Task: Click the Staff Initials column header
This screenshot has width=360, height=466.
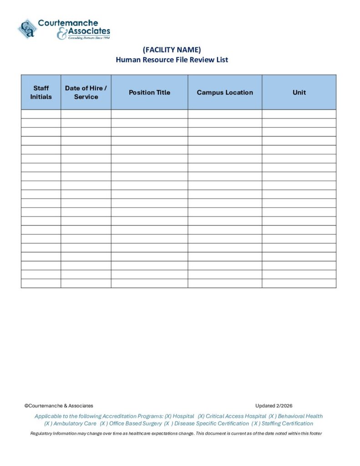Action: pyautogui.click(x=41, y=92)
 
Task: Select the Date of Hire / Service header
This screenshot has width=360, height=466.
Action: pyautogui.click(x=86, y=92)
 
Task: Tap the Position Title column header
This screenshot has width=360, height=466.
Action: pyautogui.click(x=149, y=92)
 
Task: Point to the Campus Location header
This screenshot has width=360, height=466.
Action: pyautogui.click(x=225, y=92)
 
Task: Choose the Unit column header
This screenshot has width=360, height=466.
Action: pyautogui.click(x=299, y=92)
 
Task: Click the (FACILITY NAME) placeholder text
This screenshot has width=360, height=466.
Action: pyautogui.click(x=172, y=50)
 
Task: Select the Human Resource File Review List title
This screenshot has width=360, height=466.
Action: pyautogui.click(x=172, y=60)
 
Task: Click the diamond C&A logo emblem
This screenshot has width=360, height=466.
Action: pyautogui.click(x=27, y=29)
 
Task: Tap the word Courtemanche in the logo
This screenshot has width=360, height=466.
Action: pyautogui.click(x=68, y=23)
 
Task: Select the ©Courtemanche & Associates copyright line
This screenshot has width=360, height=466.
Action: pyautogui.click(x=59, y=405)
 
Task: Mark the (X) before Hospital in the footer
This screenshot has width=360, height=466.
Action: pyautogui.click(x=168, y=416)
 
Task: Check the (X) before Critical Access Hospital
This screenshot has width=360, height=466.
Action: pyautogui.click(x=201, y=416)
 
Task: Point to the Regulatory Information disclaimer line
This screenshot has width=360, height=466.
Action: pyautogui.click(x=176, y=433)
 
